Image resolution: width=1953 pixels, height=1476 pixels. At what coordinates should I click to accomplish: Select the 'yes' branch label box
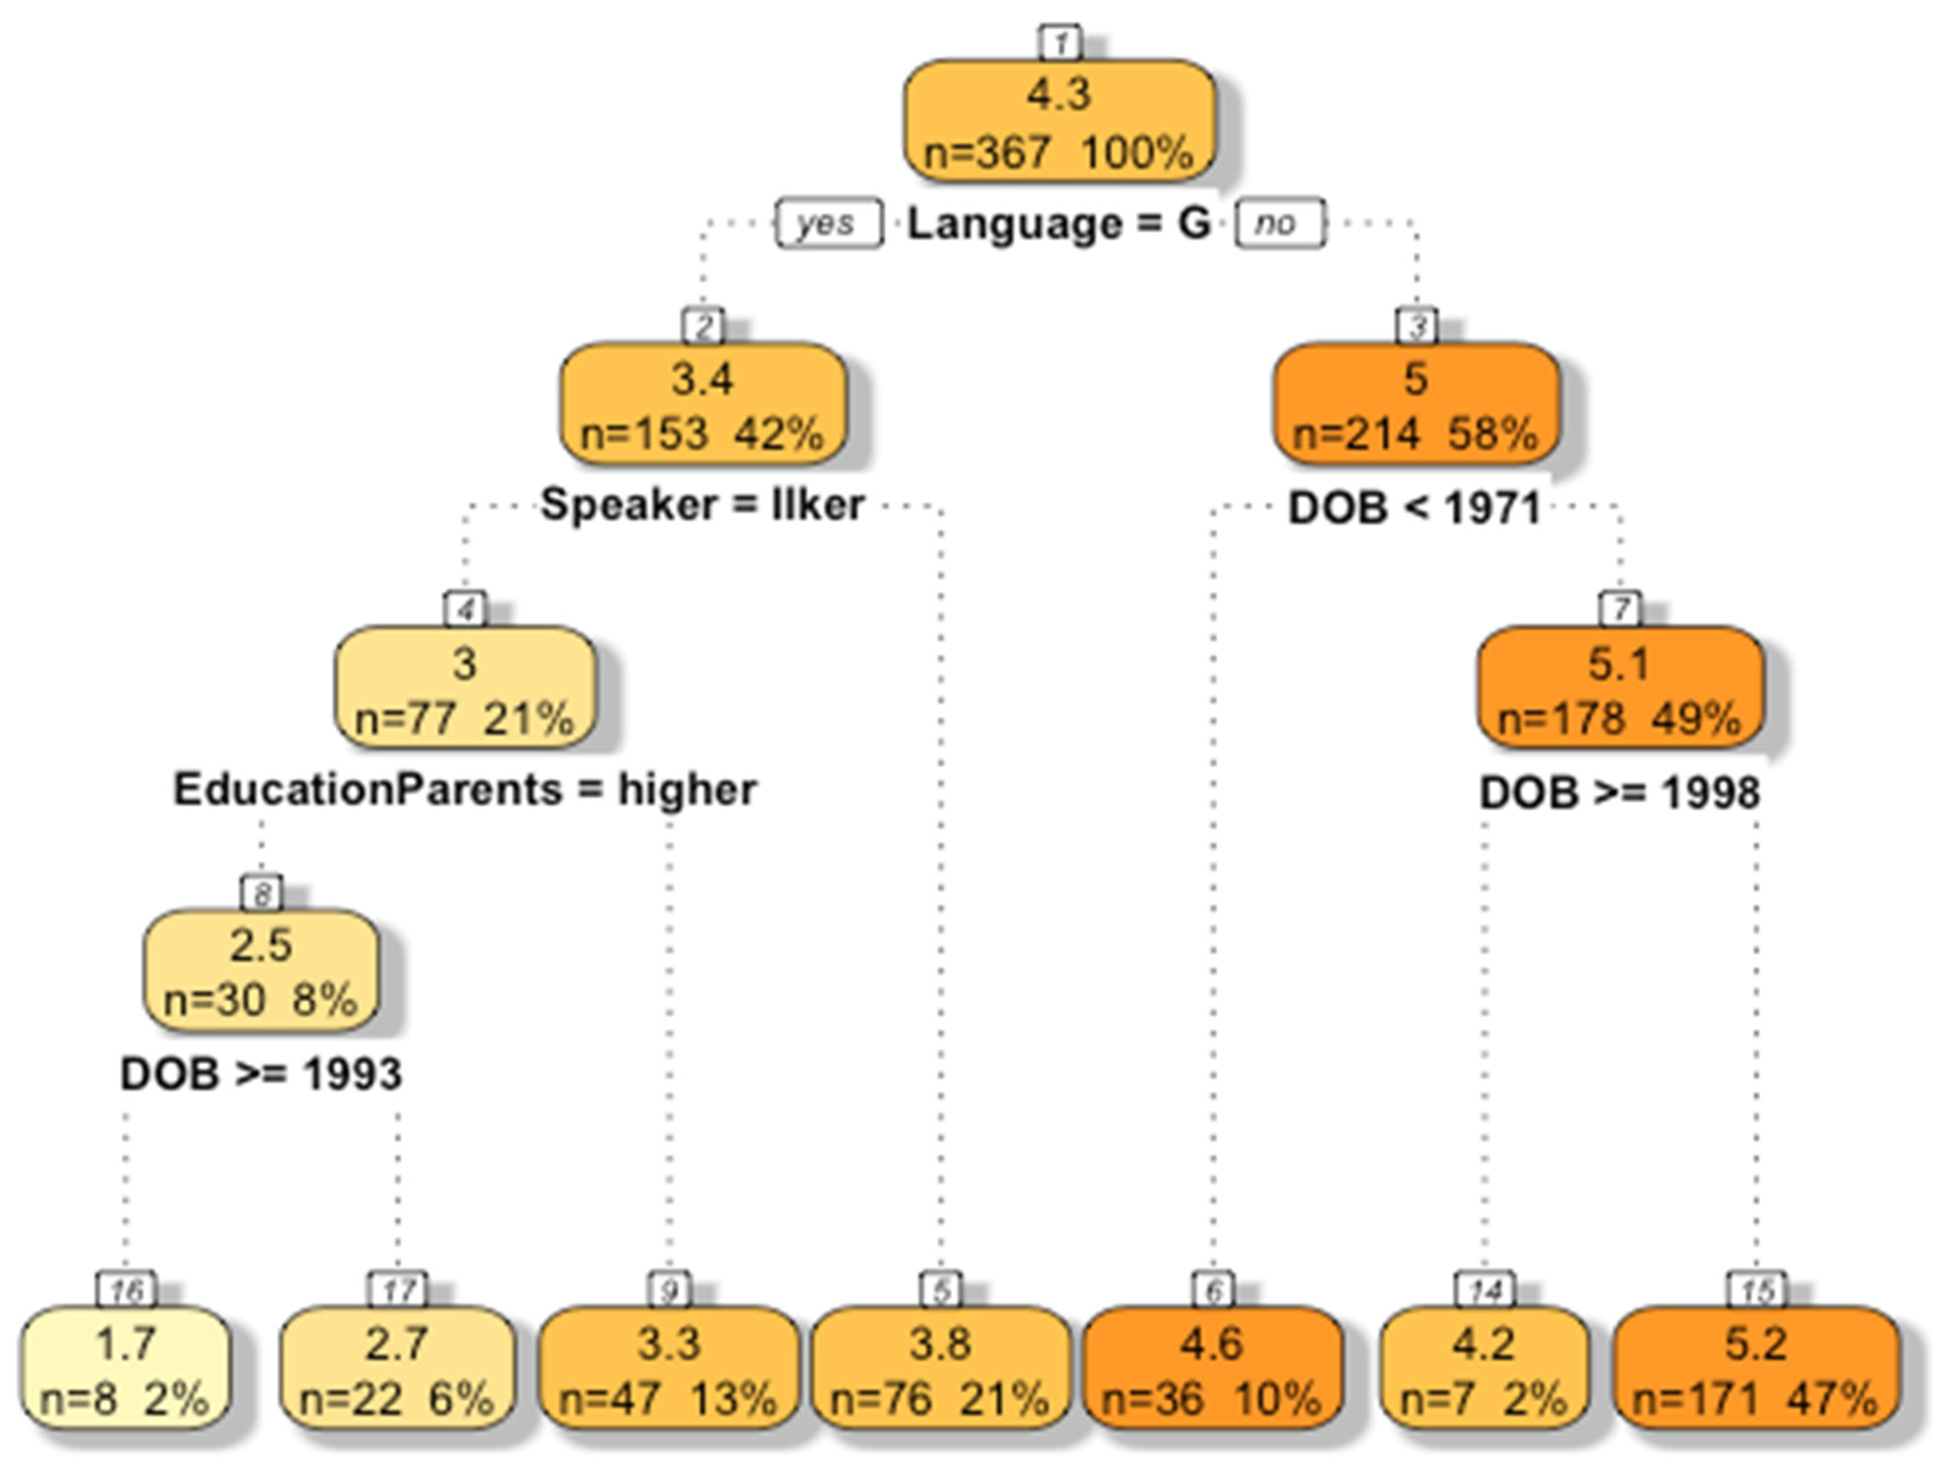click(x=828, y=223)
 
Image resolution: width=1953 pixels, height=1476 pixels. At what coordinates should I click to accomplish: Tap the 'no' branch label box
click(x=1280, y=223)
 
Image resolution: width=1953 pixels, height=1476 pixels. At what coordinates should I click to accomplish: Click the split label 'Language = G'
click(x=1059, y=223)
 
